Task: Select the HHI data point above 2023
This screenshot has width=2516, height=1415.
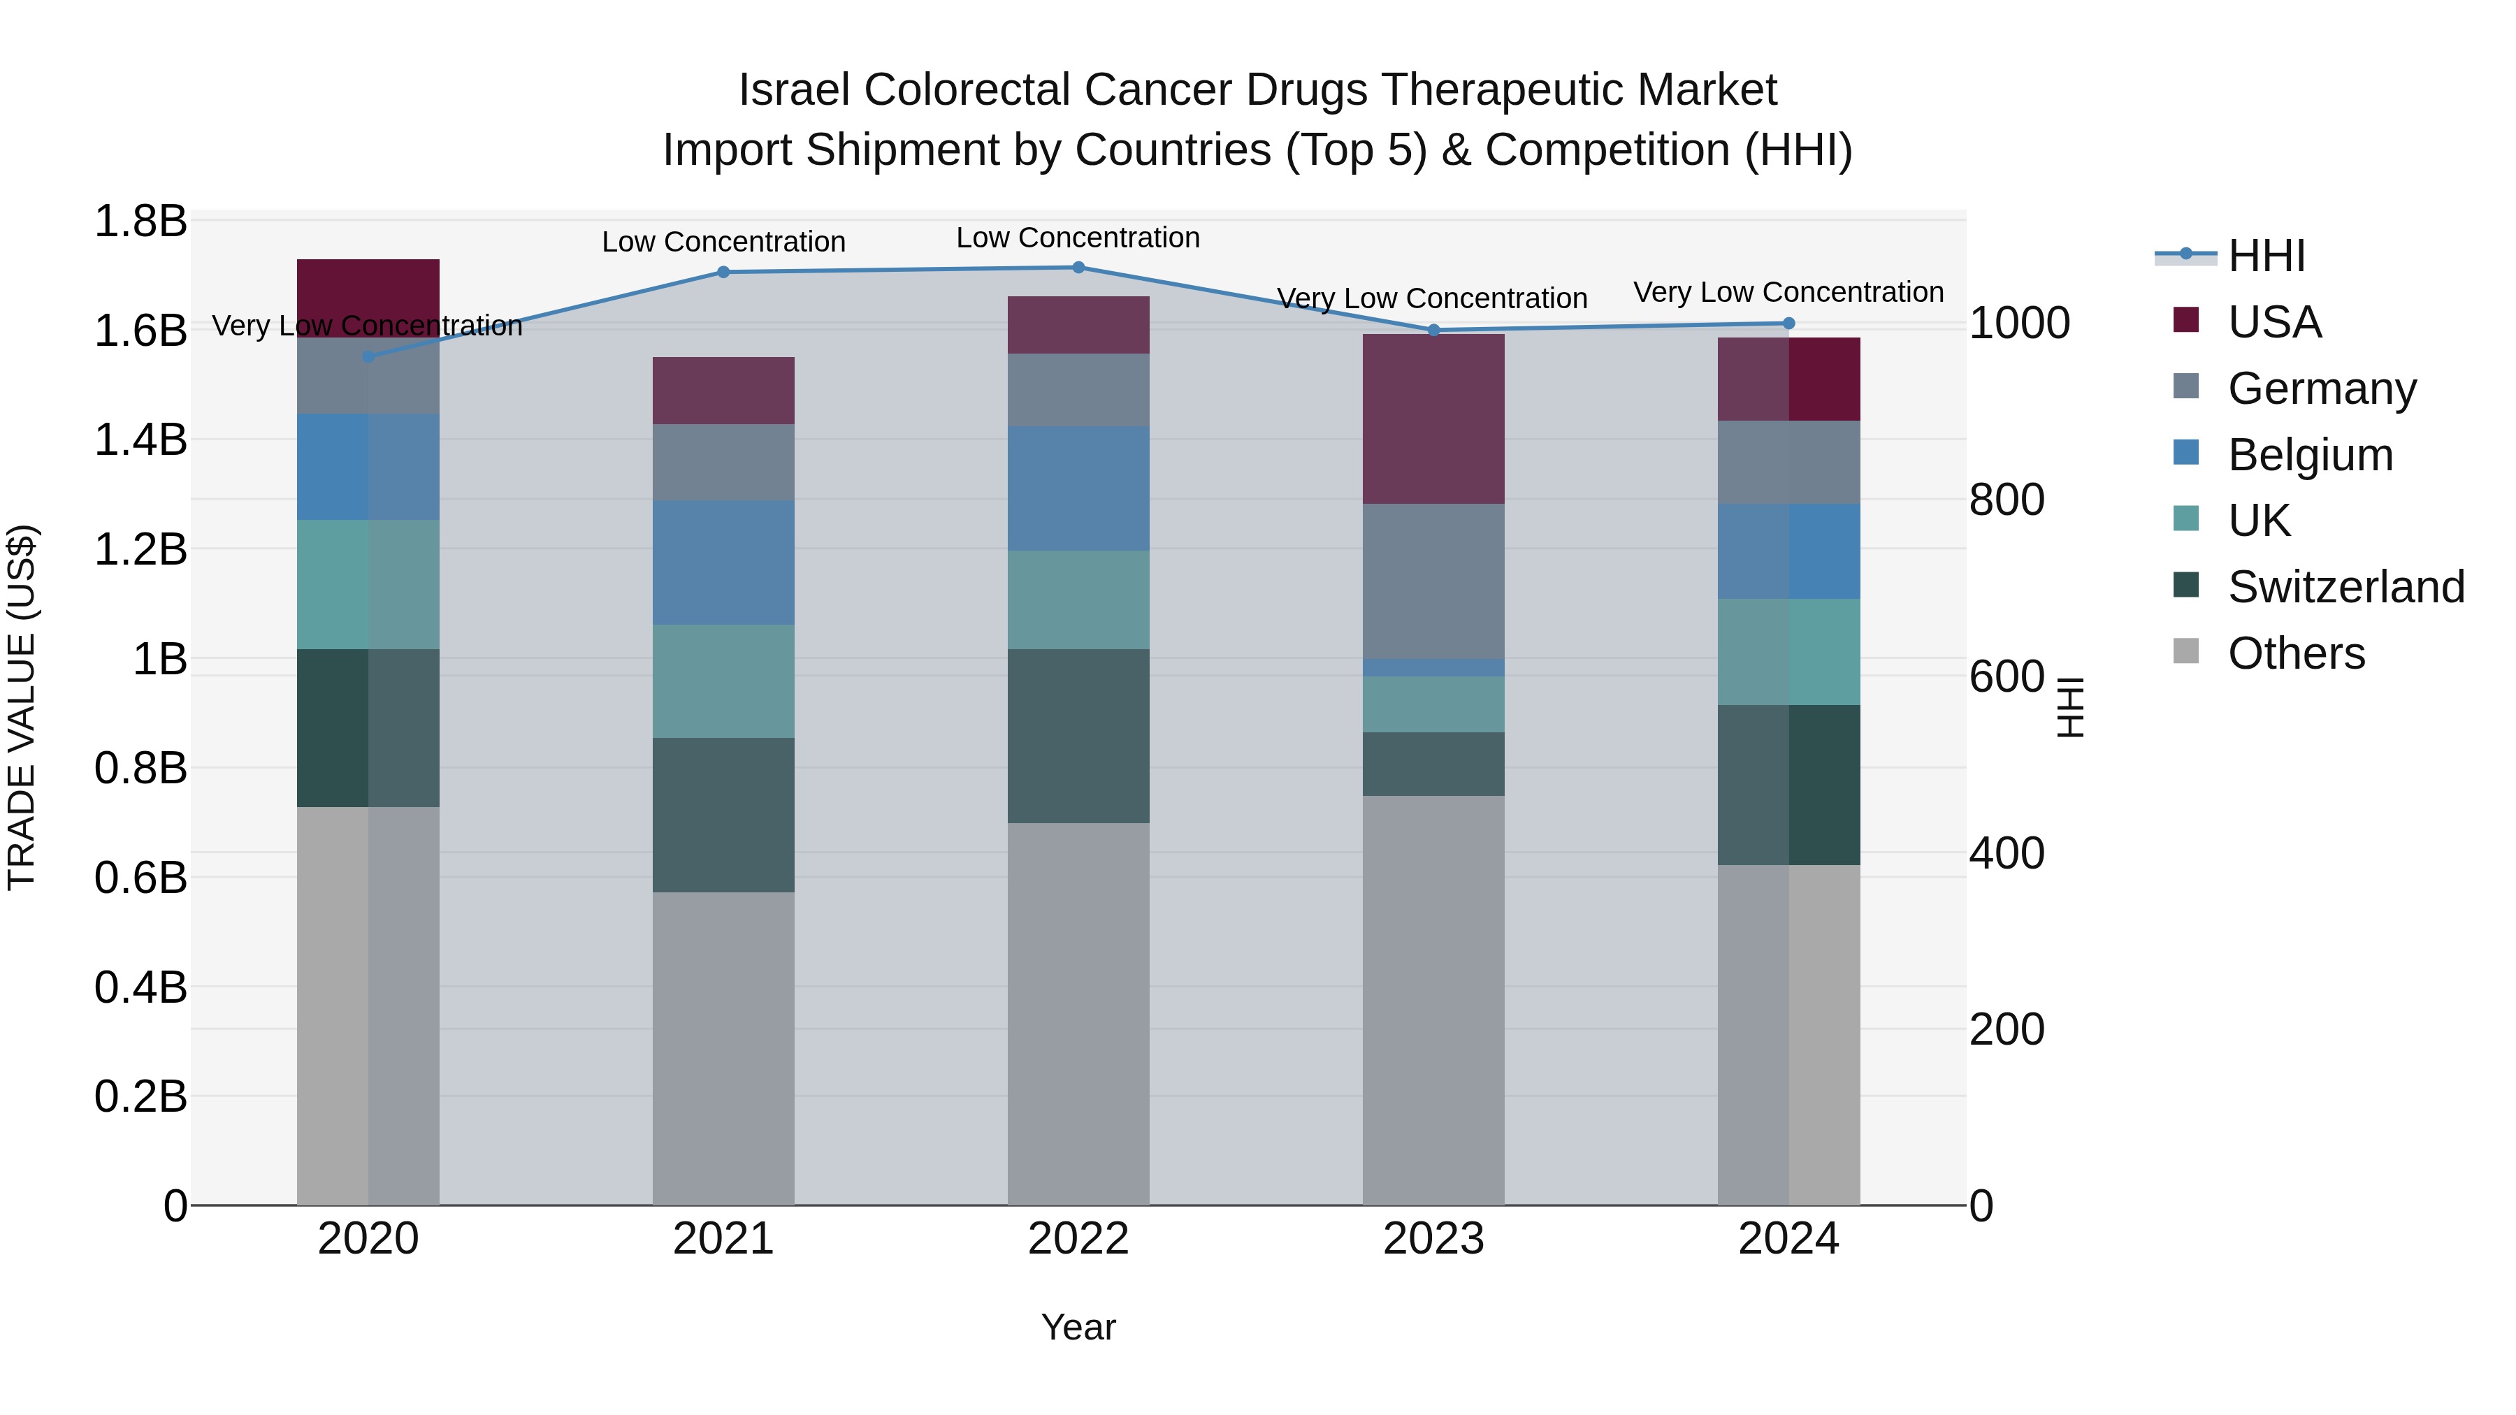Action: (1434, 330)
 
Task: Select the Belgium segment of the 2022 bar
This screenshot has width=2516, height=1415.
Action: (1078, 488)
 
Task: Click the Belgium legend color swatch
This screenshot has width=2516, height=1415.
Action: (2186, 453)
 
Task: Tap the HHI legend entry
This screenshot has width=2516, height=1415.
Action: (2266, 256)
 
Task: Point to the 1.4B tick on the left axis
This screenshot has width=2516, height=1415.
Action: (140, 440)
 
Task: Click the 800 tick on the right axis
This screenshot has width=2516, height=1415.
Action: (2006, 500)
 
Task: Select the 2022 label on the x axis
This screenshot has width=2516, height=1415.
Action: (1078, 1239)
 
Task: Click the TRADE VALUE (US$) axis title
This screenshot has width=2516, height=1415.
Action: (22, 707)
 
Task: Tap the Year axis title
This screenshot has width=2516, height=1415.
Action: (1078, 1327)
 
